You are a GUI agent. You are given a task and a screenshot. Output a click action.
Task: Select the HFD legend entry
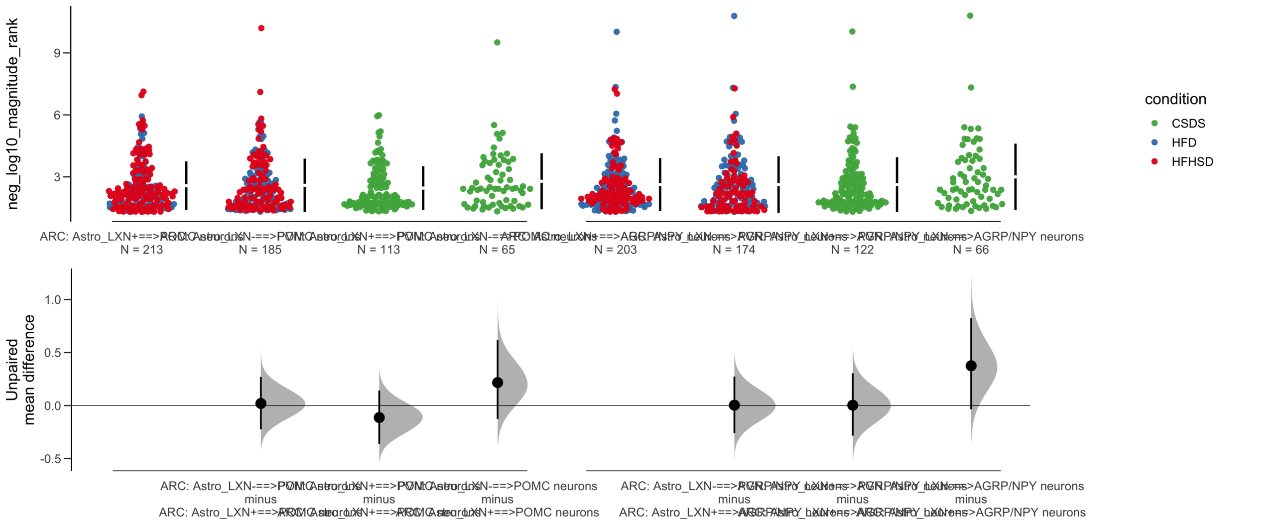[x=1183, y=142]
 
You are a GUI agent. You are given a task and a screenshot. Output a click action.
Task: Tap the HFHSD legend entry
[x=1191, y=161]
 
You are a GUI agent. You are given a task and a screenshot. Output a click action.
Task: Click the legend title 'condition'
[x=1175, y=99]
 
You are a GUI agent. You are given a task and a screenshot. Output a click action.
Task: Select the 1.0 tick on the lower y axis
[x=53, y=299]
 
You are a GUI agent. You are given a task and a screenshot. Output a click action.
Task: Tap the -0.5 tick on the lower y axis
[x=51, y=459]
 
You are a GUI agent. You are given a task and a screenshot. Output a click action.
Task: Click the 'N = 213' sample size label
[x=141, y=250]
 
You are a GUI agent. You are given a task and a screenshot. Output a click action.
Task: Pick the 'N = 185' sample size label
[x=260, y=250]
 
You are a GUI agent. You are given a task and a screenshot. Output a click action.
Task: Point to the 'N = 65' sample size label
[x=497, y=250]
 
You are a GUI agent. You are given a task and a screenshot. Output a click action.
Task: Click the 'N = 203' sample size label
[x=615, y=250]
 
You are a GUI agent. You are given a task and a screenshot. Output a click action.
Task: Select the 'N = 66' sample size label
[x=970, y=250]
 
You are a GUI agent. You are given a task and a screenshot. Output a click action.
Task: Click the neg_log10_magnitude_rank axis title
[x=12, y=114]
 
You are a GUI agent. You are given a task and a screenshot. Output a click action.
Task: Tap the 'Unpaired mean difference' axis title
[x=20, y=370]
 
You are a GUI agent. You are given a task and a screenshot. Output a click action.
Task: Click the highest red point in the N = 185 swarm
[x=261, y=28]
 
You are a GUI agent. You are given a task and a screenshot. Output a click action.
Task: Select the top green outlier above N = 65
[x=497, y=42]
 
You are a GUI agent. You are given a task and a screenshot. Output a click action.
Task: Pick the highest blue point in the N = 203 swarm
[x=617, y=32]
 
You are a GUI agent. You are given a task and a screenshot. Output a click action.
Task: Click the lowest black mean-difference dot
[x=379, y=417]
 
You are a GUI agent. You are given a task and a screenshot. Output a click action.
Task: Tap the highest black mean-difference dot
[x=971, y=366]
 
